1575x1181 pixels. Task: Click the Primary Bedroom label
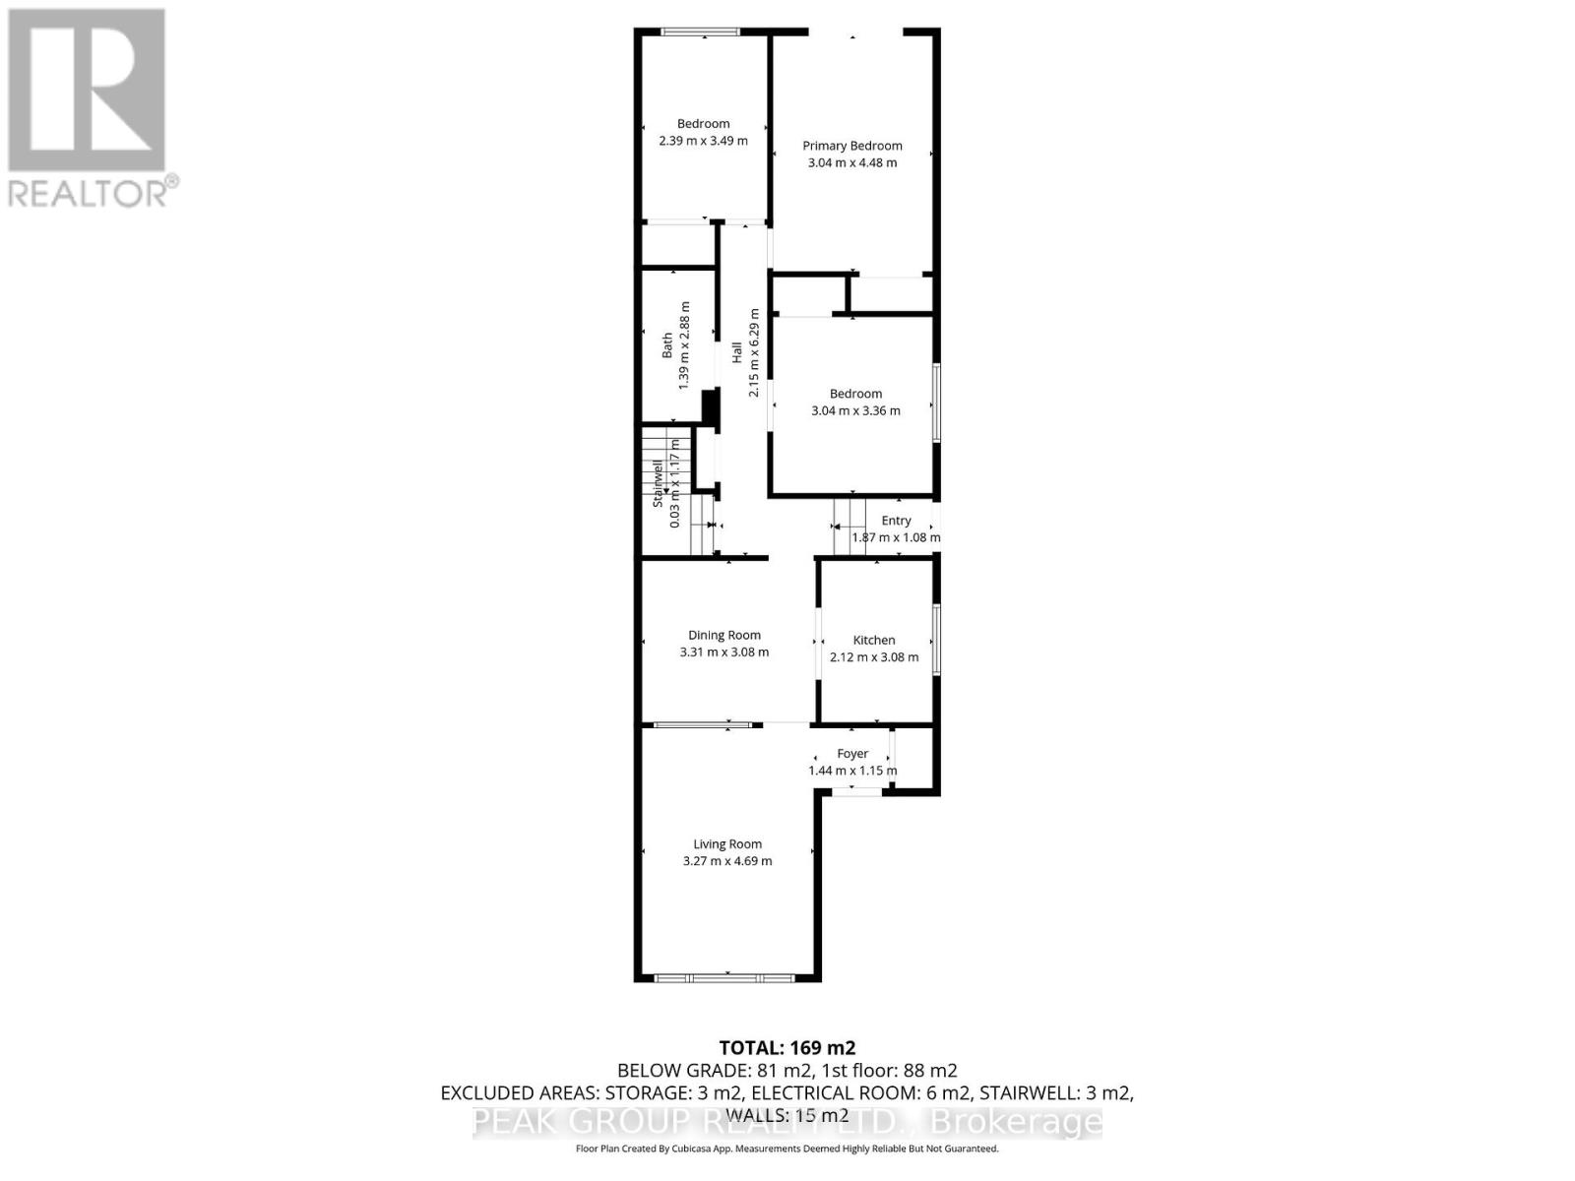[x=851, y=146]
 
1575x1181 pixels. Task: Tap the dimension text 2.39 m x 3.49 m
[x=703, y=141]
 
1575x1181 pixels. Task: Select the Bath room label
[x=667, y=344]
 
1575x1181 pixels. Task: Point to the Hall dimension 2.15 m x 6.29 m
[x=754, y=353]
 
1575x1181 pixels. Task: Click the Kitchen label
[x=874, y=640]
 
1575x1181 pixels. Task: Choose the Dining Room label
[x=724, y=635]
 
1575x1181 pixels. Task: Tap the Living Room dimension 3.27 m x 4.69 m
[x=727, y=861]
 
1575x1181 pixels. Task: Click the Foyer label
[x=852, y=754]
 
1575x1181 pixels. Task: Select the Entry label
[x=896, y=521]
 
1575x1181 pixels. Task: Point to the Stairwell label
[x=658, y=483]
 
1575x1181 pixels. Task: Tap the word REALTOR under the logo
[x=89, y=192]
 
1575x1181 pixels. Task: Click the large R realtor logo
[x=87, y=90]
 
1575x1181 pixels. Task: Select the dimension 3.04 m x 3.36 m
[x=855, y=411]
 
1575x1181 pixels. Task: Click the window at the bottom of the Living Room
[x=725, y=977]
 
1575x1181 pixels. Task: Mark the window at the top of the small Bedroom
[x=700, y=32]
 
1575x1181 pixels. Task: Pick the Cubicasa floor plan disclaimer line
[x=787, y=1149]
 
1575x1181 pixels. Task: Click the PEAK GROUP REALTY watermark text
[x=787, y=1122]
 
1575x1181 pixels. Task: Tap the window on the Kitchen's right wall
[x=936, y=640]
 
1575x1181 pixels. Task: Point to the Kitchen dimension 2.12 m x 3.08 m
[x=874, y=657]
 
